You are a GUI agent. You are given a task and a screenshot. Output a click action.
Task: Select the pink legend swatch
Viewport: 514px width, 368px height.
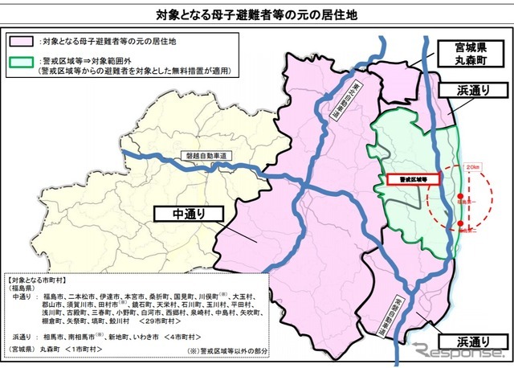tap(24, 39)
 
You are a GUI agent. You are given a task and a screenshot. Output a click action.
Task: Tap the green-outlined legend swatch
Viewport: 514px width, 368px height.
tap(24, 60)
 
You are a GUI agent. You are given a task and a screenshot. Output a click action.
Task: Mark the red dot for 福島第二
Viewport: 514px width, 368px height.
tap(459, 227)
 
